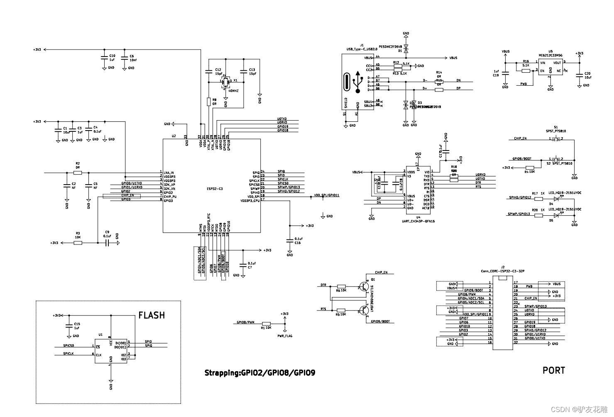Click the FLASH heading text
pyautogui.click(x=151, y=315)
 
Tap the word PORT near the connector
pyautogui.click(x=553, y=370)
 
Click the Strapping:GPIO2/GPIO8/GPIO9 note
pyautogui.click(x=259, y=373)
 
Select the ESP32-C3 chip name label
pyautogui.click(x=215, y=189)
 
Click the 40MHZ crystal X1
pyautogui.click(x=226, y=81)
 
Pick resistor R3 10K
pyautogui.click(x=78, y=243)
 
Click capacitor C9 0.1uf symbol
pyautogui.click(x=107, y=243)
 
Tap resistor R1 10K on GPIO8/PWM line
pyautogui.click(x=266, y=323)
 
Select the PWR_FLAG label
pyautogui.click(x=285, y=336)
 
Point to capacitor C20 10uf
pyautogui.click(x=580, y=75)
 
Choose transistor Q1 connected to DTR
pyautogui.click(x=364, y=286)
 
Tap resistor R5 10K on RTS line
pyautogui.click(x=341, y=310)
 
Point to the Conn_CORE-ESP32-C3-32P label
pyautogui.click(x=502, y=271)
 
